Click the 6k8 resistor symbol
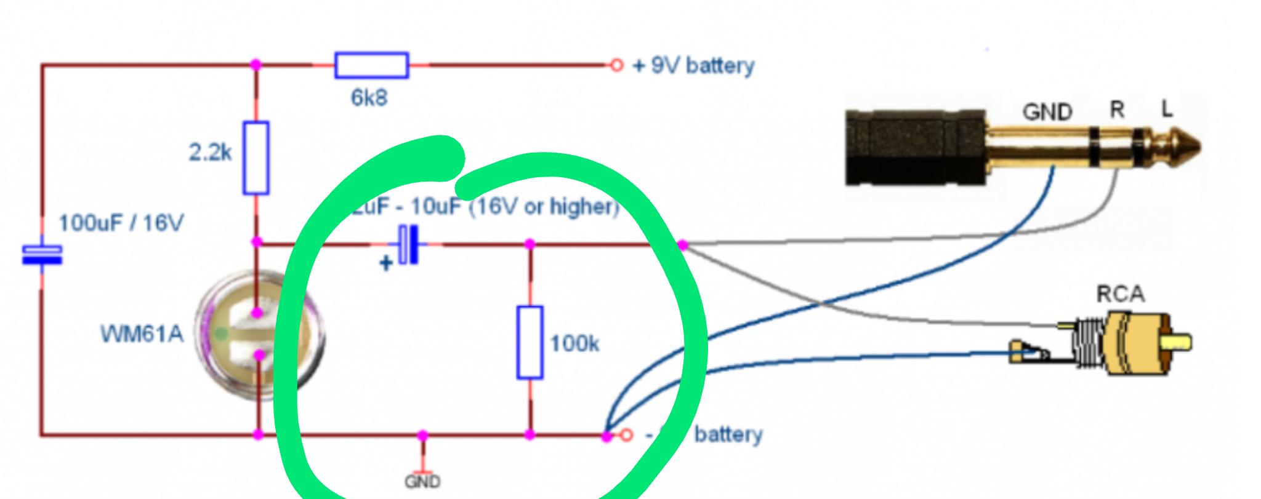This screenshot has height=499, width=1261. tap(371, 65)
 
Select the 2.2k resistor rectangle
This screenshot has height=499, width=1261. tap(256, 158)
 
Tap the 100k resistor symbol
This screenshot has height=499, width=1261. tap(530, 342)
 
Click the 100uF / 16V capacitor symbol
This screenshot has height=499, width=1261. tap(42, 255)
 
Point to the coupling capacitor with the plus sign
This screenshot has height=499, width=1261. tap(408, 245)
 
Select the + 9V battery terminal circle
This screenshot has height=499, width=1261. tap(616, 65)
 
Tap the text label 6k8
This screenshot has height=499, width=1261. tap(369, 98)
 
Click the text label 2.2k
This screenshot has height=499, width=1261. tap(210, 152)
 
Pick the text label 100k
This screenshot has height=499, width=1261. tap(574, 343)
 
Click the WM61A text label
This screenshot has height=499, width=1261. tap(142, 334)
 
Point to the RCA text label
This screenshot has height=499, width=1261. tap(1120, 295)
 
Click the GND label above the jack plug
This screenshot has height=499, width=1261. tap(1047, 112)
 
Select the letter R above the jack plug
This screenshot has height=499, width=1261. tap(1117, 110)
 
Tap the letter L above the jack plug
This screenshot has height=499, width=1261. tap(1167, 110)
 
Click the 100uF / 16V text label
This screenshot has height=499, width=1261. tap(121, 223)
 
